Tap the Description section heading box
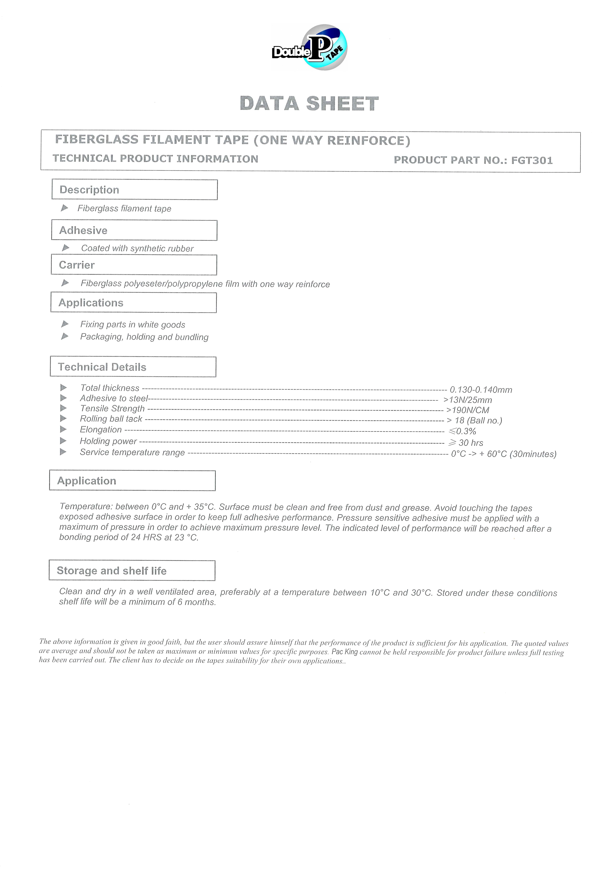coord(135,190)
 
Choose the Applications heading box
coord(134,303)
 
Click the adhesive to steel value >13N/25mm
coord(468,400)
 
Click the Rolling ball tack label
coord(111,419)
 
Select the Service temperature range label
coord(132,453)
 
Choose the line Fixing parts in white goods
coord(132,325)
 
